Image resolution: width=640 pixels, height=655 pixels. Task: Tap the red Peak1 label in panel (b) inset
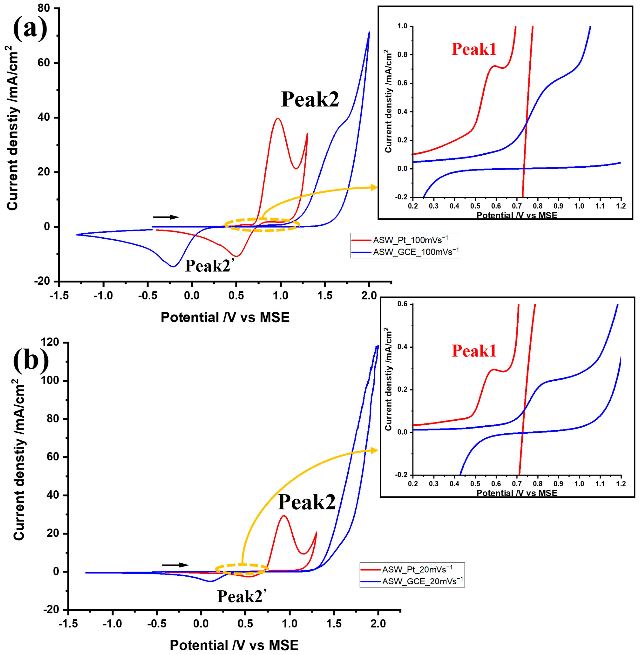click(x=474, y=351)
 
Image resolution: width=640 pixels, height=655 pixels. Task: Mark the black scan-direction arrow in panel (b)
click(x=175, y=565)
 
